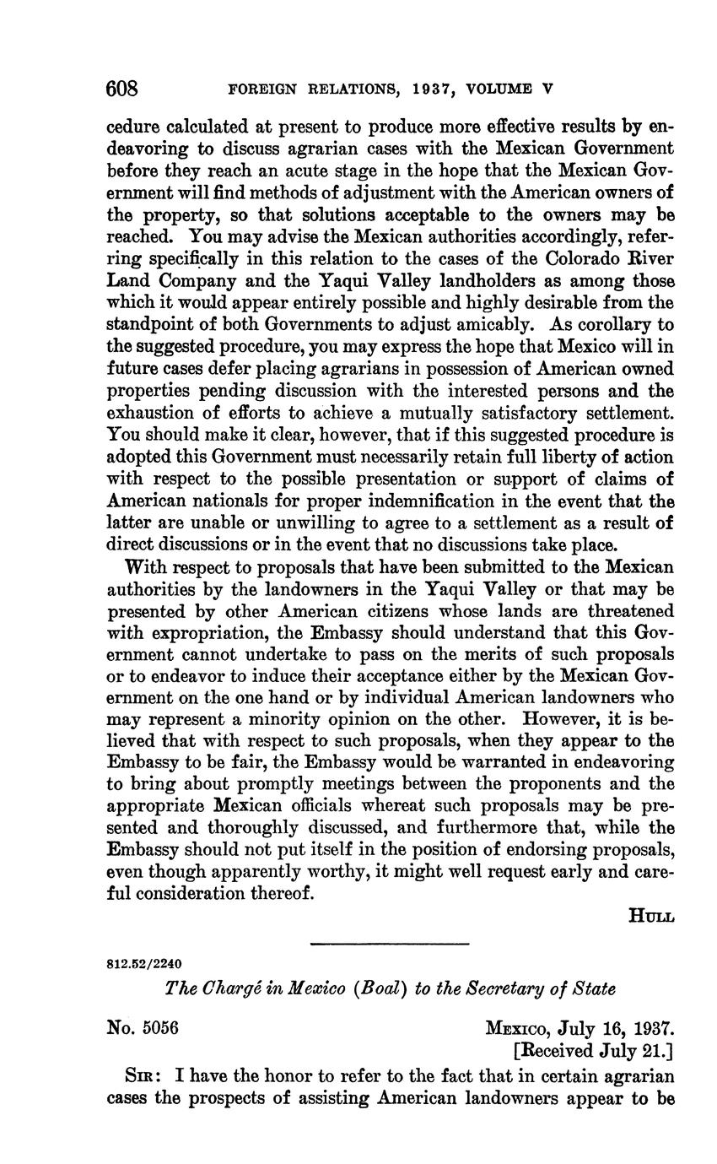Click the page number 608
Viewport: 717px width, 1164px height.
pos(122,88)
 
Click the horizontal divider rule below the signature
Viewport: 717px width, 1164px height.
pos(389,944)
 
